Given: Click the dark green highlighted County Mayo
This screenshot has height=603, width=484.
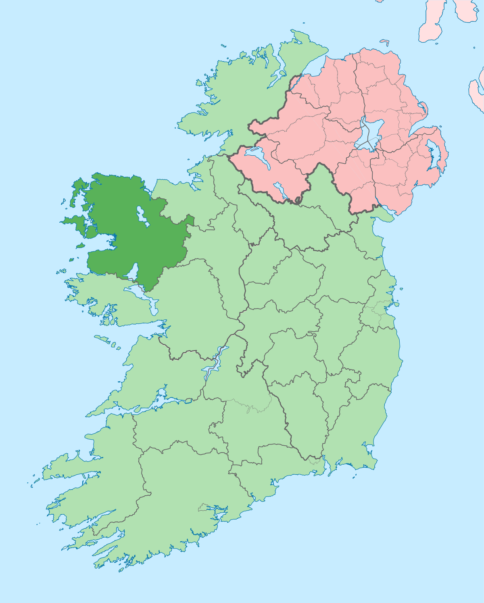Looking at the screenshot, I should click(x=129, y=238).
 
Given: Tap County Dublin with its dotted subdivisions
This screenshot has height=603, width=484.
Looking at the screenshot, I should click(x=379, y=311).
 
